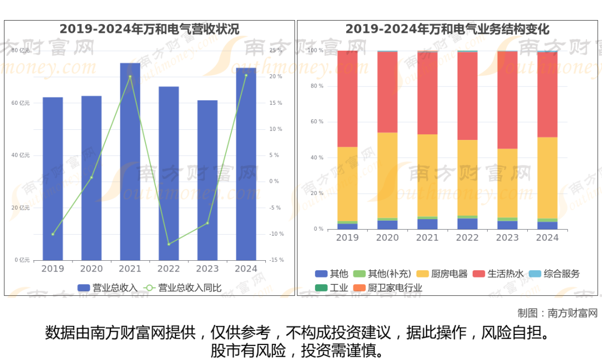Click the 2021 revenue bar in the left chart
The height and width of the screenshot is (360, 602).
[130, 162]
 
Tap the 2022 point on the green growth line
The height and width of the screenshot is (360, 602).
[168, 244]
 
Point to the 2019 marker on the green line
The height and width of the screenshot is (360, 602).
[53, 234]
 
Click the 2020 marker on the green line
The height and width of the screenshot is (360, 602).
[91, 177]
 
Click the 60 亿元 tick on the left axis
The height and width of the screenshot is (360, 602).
[21, 103]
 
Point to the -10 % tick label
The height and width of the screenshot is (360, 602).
[276, 234]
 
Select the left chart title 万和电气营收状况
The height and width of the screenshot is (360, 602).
[149, 29]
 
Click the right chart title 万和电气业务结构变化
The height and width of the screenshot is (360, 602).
[447, 29]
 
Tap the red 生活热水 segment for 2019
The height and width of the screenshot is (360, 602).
[347, 99]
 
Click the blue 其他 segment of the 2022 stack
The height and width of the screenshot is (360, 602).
[467, 223]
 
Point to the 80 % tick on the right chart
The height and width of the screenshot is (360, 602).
[317, 86]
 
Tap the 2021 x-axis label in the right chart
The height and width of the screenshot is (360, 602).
[427, 237]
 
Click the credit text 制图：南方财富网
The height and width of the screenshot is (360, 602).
[557, 313]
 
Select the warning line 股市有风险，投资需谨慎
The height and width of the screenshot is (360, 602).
[297, 351]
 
